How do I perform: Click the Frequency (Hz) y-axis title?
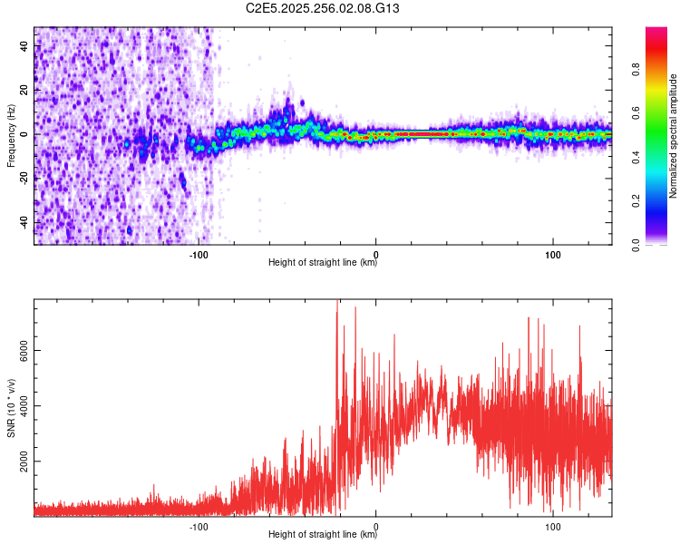point(11,134)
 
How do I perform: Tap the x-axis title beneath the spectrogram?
point(323,263)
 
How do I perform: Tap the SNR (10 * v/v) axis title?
point(11,408)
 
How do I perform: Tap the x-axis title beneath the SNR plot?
point(323,535)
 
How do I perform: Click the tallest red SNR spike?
point(337,303)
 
